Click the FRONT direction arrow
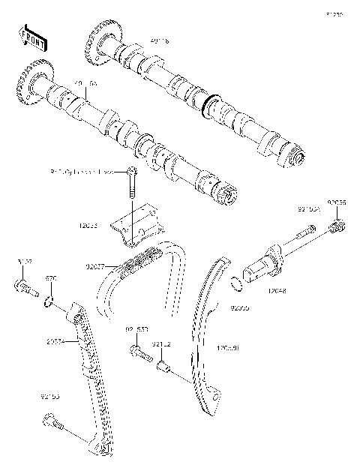tap(31, 34)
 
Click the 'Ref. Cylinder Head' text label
tap(83, 172)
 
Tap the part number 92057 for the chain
tap(95, 265)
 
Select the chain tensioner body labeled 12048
tap(263, 262)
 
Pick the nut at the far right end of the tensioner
tap(338, 226)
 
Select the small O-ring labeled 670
tap(49, 301)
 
